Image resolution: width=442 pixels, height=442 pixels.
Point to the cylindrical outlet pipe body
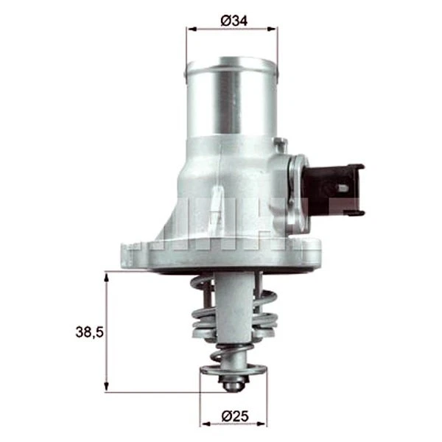(231, 103)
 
